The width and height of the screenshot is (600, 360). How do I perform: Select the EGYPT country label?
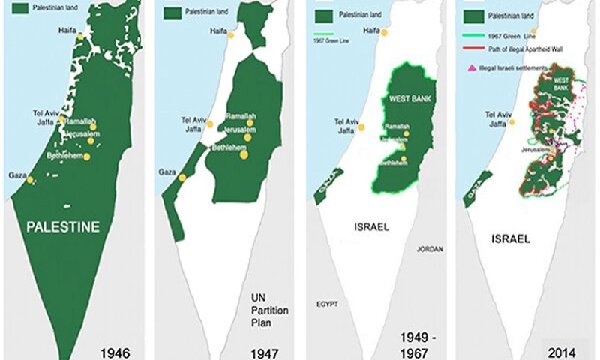(327, 304)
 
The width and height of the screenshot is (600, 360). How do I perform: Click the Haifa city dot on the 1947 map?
(232, 34)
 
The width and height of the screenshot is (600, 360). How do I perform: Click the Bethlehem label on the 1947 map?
(232, 148)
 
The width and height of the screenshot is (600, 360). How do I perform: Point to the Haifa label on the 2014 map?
(515, 31)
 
